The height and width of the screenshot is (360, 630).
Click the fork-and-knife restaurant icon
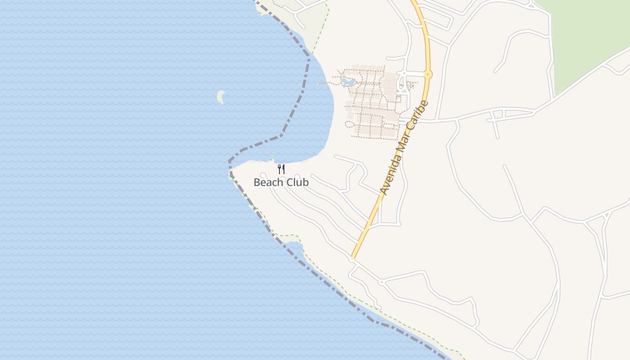point(281,169)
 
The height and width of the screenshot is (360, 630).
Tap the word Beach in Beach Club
point(269,182)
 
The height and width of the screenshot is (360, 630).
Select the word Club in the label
point(297,182)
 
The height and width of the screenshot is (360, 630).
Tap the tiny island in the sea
point(220,96)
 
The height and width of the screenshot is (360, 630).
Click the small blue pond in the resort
point(348,82)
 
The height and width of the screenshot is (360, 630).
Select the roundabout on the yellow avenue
point(427,74)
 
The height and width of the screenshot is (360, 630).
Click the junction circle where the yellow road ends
point(352,260)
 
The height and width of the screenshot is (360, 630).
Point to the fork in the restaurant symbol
point(279,169)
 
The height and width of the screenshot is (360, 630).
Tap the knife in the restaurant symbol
point(283,169)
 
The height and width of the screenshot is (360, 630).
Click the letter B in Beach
point(257,182)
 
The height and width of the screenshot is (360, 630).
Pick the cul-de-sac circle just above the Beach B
point(263,175)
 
